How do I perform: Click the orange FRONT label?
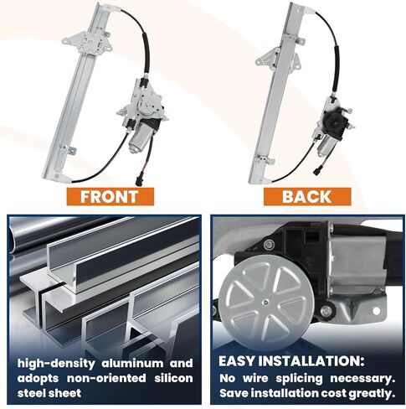point(110,197)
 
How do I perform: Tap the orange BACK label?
point(307,197)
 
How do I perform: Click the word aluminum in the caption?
point(132,364)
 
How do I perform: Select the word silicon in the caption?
point(173,378)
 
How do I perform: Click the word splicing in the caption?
point(299,379)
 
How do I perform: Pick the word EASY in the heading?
point(237,361)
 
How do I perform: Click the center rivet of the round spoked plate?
point(265,302)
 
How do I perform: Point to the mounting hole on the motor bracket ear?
point(376,311)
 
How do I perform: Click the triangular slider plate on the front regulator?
point(87,43)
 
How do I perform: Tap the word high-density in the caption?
point(56,364)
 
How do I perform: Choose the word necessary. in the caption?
point(362,379)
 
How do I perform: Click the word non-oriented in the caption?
point(106,378)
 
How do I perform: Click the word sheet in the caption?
point(66,393)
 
